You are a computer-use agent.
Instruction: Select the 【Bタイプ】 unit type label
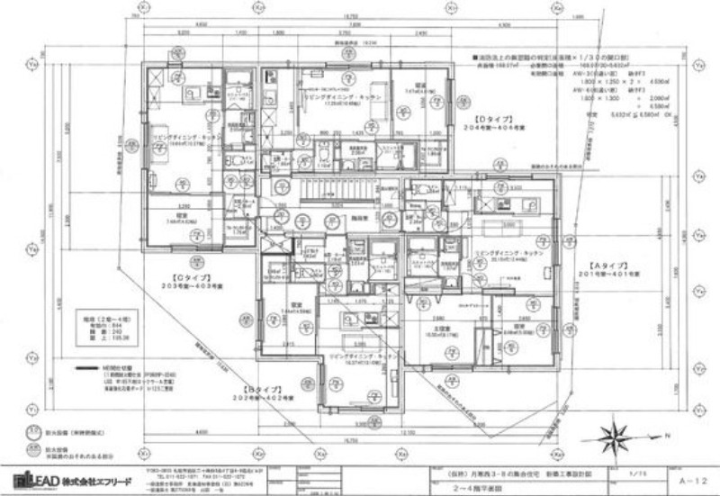click(253, 389)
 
